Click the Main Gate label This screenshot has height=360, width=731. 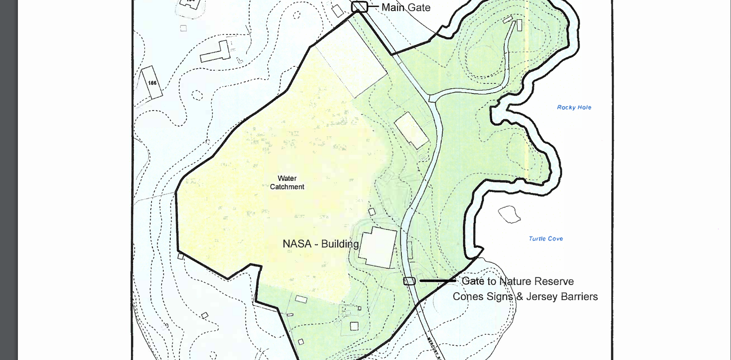406,7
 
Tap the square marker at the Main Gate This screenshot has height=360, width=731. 359,7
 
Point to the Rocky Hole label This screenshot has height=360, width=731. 574,107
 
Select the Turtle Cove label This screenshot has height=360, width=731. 545,239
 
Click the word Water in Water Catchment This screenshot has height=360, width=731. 287,178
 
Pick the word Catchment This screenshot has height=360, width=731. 287,187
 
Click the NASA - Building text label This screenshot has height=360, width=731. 321,244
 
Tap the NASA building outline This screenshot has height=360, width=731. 378,247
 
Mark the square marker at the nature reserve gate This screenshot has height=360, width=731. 409,281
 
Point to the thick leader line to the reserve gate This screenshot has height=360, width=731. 437,281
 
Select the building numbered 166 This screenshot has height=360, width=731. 151,83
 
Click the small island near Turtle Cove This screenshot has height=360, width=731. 509,214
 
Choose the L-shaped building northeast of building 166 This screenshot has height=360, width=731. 216,52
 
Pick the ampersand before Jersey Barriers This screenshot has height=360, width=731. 519,297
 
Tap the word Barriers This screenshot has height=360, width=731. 579,297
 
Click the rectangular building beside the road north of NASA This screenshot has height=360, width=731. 411,130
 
